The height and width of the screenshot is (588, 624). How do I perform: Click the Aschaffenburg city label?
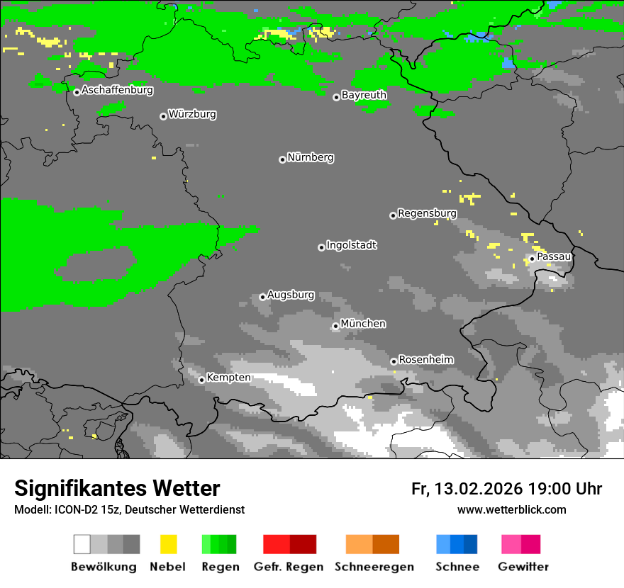(x=117, y=90)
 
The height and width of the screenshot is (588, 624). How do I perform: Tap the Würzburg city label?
(x=192, y=114)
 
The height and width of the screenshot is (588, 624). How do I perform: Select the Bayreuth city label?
(x=364, y=95)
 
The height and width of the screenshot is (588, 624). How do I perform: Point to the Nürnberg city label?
(x=311, y=157)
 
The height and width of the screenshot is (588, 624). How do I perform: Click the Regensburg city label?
(x=427, y=213)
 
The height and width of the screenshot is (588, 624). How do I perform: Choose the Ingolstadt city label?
(x=352, y=245)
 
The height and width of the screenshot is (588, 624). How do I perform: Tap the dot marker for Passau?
(x=532, y=259)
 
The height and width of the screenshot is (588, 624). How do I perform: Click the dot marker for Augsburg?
(x=262, y=297)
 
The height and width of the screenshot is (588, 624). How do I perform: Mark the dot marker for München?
(x=335, y=326)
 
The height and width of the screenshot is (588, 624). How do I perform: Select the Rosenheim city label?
(x=426, y=359)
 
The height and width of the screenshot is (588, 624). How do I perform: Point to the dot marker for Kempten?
(x=201, y=380)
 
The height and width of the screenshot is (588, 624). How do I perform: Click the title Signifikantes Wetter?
(x=117, y=488)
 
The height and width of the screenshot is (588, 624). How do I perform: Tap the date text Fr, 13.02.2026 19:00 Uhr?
(x=506, y=489)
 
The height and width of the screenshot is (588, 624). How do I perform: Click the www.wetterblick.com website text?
(x=511, y=509)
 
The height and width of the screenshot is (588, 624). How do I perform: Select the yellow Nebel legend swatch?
(x=168, y=544)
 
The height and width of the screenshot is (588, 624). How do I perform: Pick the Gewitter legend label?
(x=523, y=567)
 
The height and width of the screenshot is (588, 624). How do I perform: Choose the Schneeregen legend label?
(x=374, y=567)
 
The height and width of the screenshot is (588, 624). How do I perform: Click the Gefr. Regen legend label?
(x=288, y=567)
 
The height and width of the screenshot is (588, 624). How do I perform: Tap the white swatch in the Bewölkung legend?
(x=82, y=544)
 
